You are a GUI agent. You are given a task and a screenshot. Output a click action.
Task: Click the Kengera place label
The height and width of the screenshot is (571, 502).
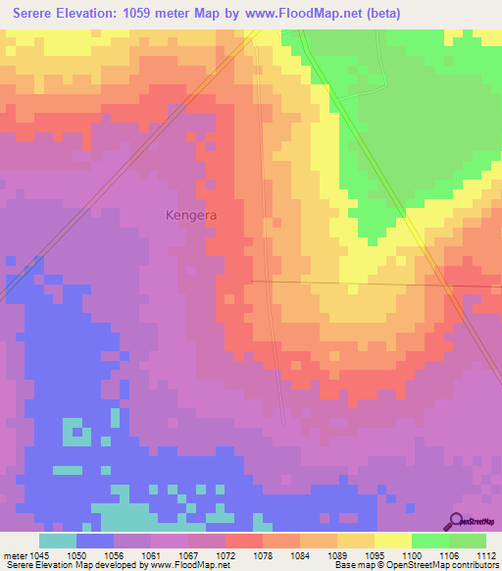pos(190,214)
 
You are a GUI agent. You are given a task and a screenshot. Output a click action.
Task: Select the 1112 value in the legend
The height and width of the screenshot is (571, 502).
pos(487,554)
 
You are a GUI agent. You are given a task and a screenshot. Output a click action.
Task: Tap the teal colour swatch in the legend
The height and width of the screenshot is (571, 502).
pos(58,541)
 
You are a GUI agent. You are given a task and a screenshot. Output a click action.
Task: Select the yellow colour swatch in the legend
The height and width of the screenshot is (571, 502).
pos(392,541)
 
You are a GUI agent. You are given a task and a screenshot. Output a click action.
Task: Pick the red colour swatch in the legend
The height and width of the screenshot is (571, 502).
pos(243,541)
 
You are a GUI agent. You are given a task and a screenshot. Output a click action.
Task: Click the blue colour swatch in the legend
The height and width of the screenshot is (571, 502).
pos(95,541)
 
